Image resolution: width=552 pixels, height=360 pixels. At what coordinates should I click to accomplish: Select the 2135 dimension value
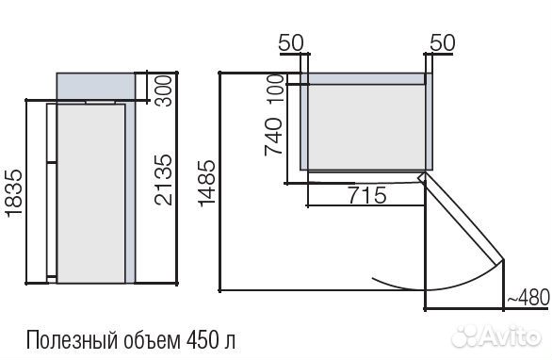pyautogui.click(x=164, y=180)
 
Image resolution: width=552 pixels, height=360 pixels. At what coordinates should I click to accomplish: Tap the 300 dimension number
pyautogui.click(x=164, y=90)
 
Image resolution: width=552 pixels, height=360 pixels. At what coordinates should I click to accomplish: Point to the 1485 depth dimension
pyautogui.click(x=206, y=183)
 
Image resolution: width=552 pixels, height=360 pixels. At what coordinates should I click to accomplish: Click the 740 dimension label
pyautogui.click(x=273, y=137)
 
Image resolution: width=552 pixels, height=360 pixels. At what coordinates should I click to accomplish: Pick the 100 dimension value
pyautogui.click(x=277, y=88)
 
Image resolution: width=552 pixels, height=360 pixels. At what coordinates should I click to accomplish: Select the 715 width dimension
pyautogui.click(x=366, y=195)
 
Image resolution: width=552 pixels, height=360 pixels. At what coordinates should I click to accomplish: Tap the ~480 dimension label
pyautogui.click(x=528, y=297)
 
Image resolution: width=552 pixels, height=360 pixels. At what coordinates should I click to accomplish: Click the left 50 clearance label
pyautogui.click(x=291, y=43)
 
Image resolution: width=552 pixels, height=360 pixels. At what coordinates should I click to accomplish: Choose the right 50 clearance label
pyautogui.click(x=443, y=43)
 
